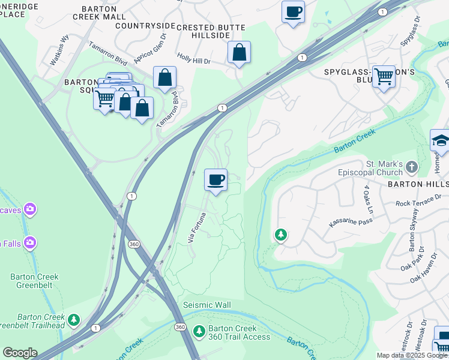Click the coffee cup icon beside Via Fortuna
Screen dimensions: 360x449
coord(215,179)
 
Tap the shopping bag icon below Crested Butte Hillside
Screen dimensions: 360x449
coord(239,53)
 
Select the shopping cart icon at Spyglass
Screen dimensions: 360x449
coord(384,77)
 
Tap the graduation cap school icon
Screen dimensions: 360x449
coord(441,141)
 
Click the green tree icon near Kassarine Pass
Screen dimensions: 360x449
coord(280,235)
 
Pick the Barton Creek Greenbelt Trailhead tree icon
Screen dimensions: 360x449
coord(74,320)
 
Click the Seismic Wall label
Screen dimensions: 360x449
coord(206,305)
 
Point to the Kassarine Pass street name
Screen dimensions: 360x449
coord(351,223)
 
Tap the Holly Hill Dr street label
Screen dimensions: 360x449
coord(194,61)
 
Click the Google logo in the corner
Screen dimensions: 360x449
coord(19,352)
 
